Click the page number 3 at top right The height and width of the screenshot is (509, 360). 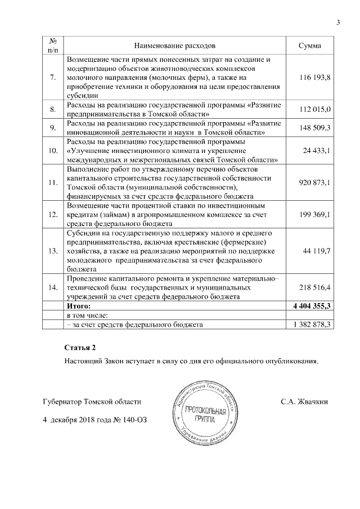tap(339, 22)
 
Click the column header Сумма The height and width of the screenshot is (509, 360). tap(310, 46)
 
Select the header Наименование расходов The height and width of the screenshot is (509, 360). tap(174, 46)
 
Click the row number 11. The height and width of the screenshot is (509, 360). tap(53, 182)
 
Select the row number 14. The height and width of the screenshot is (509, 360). tap(53, 287)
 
